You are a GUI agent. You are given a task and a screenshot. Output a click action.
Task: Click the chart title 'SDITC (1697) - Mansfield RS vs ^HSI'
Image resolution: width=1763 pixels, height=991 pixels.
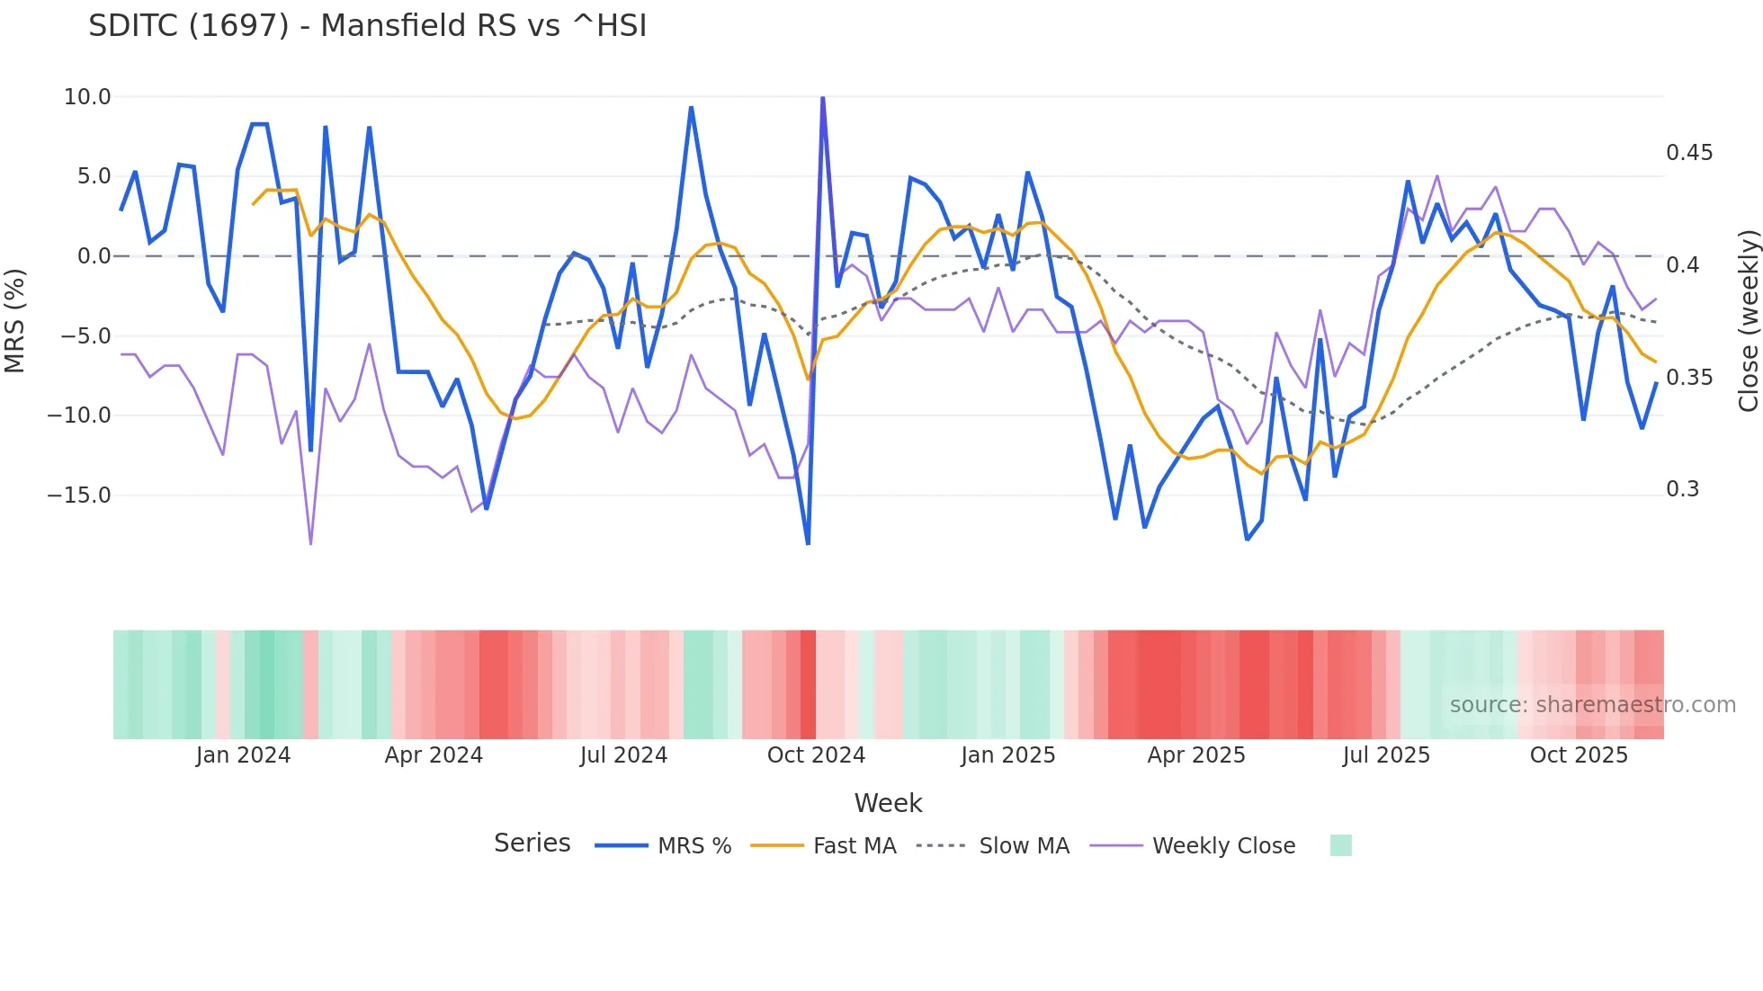point(367,26)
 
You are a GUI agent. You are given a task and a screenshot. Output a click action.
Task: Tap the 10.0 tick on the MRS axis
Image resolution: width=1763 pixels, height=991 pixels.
point(87,97)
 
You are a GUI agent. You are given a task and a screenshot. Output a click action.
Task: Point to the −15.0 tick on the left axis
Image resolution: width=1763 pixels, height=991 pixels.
point(79,495)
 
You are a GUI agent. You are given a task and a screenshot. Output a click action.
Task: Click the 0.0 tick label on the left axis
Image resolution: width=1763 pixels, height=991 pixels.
point(94,256)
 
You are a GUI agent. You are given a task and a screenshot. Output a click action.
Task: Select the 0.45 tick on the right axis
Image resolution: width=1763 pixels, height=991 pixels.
point(1689,153)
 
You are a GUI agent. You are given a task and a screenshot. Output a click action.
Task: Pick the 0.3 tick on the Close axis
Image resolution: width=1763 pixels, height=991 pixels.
point(1682,489)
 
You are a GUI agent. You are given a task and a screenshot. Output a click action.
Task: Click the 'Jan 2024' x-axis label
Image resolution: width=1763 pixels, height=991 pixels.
point(243,755)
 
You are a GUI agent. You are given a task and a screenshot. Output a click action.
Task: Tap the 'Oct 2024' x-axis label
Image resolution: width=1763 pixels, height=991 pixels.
point(816,755)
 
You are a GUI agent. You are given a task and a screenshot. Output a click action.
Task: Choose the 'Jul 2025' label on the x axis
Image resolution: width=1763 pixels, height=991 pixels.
point(1386,755)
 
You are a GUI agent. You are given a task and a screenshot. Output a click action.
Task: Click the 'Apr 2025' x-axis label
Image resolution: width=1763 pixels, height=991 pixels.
point(1196,755)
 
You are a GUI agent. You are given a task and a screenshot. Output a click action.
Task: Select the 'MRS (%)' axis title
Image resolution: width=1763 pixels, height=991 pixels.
point(15,321)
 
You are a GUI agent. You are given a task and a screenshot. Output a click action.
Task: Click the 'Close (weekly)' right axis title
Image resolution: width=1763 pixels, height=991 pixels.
point(1748,321)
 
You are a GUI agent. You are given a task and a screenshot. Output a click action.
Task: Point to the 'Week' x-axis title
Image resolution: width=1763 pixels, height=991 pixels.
point(888,803)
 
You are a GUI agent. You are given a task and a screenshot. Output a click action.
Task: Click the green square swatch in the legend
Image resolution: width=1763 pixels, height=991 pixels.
point(1340,845)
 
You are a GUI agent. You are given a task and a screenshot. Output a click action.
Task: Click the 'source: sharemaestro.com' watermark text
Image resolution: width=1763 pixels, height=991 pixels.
point(1592,705)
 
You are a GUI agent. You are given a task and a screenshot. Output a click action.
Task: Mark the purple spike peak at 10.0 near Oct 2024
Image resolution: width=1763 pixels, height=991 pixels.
point(823,98)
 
